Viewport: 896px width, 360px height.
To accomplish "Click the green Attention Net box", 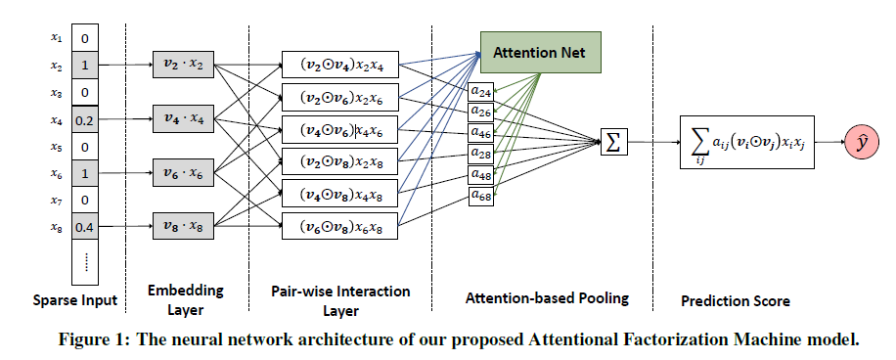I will [540, 52].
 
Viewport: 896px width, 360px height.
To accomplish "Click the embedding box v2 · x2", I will [185, 66].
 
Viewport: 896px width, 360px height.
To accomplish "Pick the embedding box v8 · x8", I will [185, 227].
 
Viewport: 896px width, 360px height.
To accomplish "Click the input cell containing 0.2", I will [85, 120].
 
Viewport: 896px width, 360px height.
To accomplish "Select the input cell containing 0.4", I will [85, 227].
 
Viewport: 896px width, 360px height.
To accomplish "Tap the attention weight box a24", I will [481, 92].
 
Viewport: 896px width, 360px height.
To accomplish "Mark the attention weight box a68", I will [481, 197].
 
